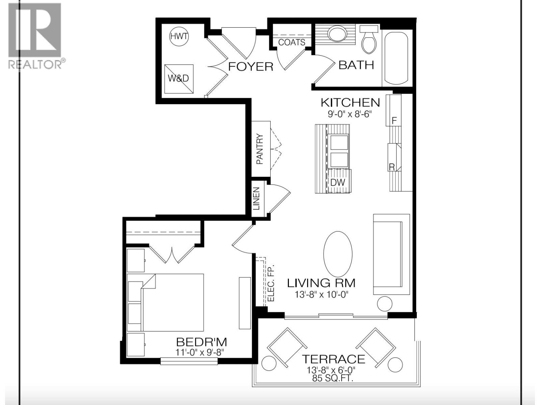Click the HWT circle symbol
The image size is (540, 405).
[179, 36]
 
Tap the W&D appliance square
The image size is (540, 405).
[179, 79]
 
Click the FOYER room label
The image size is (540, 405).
[250, 66]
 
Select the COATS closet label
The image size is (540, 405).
[292, 42]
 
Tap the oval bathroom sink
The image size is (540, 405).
[337, 34]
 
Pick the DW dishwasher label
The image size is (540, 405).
[338, 182]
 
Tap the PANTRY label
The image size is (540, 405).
[260, 149]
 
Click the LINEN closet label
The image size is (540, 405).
[256, 199]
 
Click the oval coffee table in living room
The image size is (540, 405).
[338, 254]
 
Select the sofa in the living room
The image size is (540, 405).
[391, 254]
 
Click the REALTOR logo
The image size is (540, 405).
[35, 36]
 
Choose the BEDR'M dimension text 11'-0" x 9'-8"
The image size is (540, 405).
[200, 352]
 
